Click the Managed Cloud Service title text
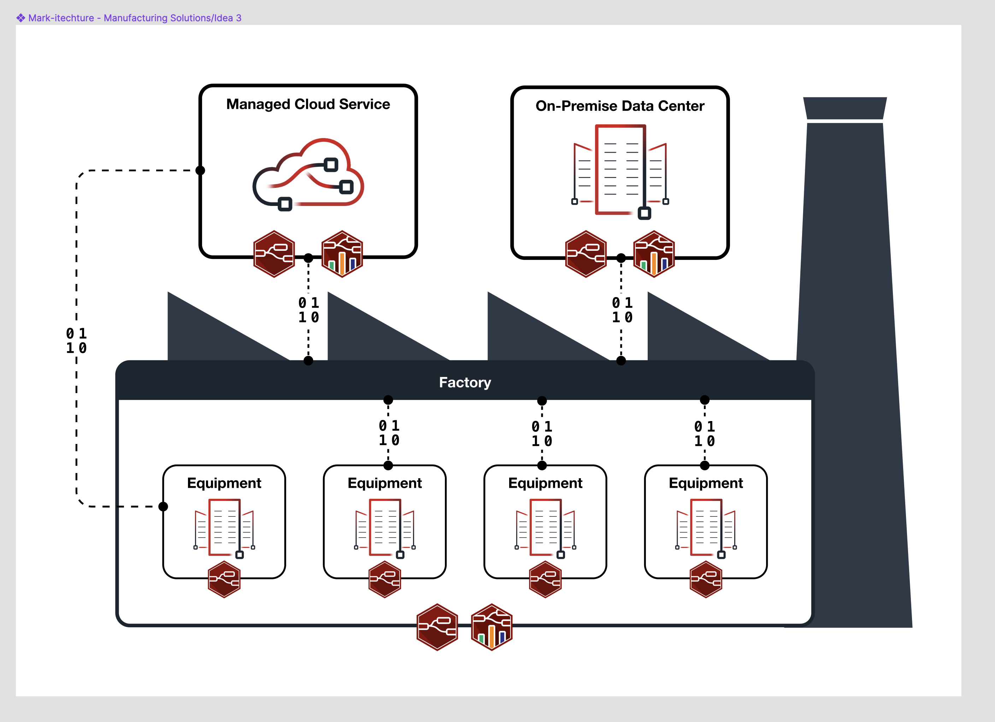tap(308, 105)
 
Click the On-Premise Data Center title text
tap(619, 106)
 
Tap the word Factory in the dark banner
tap(465, 383)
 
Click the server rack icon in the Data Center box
tap(620, 171)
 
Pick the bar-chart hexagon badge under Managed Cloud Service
tap(342, 254)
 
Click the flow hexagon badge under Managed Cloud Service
tap(274, 254)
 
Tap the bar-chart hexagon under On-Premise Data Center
tap(654, 254)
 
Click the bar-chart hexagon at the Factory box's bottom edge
tap(491, 627)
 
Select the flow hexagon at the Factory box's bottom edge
tap(437, 627)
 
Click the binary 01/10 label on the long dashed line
tap(76, 341)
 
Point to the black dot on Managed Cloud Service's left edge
tap(200, 170)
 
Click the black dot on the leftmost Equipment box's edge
tap(163, 507)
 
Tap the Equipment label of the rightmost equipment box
tap(706, 483)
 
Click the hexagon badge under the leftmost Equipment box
tap(224, 579)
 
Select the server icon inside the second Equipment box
tap(385, 528)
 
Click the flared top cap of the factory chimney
tap(844, 108)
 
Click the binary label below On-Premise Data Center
tap(622, 310)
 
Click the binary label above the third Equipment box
tap(542, 434)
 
